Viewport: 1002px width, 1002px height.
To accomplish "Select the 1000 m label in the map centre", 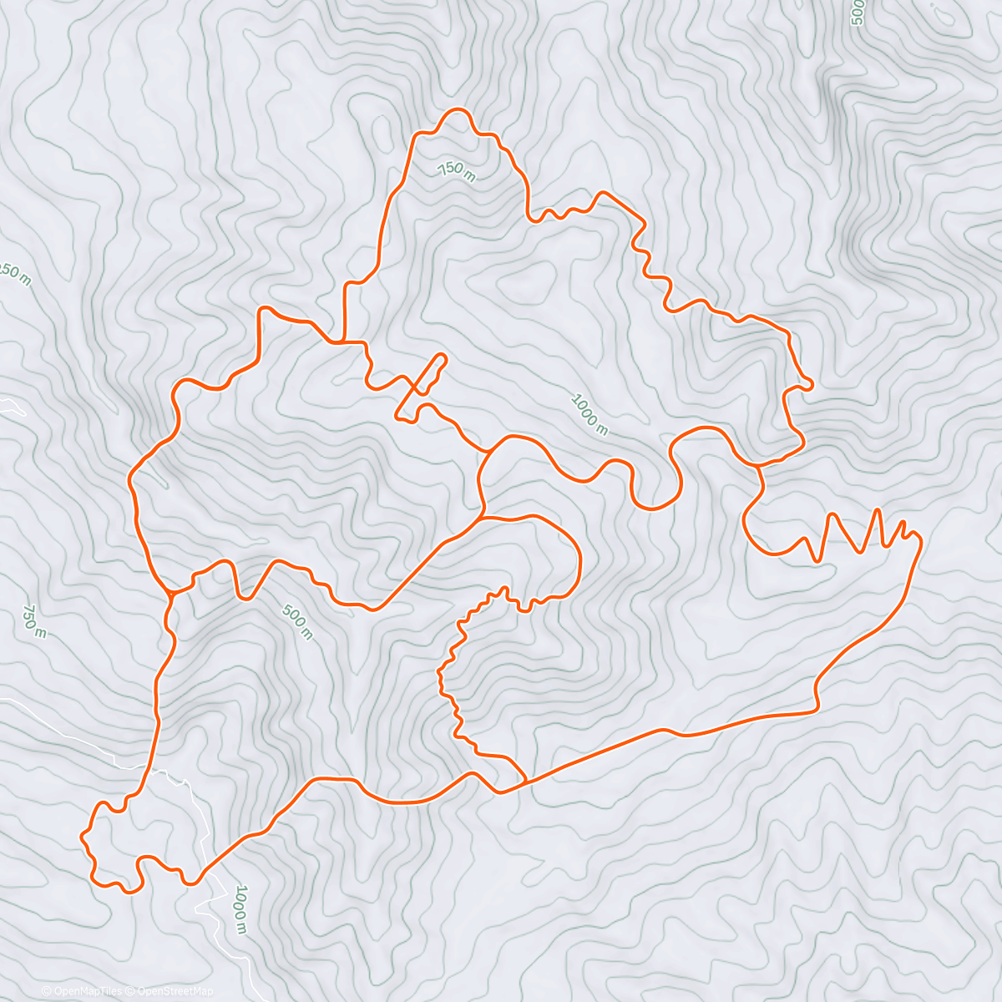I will coord(589,413).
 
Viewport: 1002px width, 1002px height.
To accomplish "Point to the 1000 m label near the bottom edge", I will coord(240,908).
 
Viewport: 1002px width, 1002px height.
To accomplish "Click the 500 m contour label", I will coord(297,622).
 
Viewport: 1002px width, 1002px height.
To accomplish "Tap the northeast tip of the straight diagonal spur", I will coord(443,357).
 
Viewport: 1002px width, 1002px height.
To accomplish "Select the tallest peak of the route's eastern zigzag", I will coord(878,509).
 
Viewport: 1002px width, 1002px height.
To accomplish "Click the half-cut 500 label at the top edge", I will coord(856,12).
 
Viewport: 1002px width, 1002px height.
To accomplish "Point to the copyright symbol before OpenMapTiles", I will coord(47,991).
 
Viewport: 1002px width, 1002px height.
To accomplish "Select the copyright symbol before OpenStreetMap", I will coord(131,991).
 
